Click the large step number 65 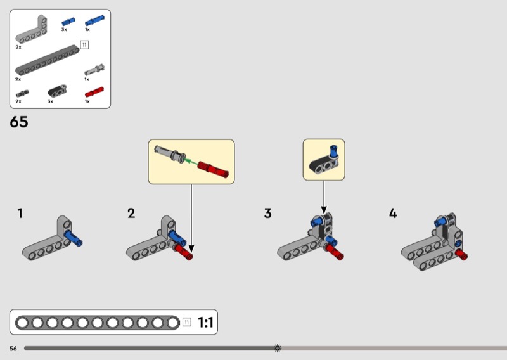(19, 122)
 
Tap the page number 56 (13, 349)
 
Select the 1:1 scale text (205, 323)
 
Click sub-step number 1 (20, 214)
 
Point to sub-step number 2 (131, 214)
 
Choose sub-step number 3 (267, 214)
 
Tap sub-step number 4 (393, 214)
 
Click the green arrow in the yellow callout (190, 162)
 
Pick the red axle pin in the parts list (94, 92)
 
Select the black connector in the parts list (57, 91)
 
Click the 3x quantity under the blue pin (64, 29)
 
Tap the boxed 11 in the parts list (84, 44)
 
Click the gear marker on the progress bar (278, 348)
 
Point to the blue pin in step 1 (74, 238)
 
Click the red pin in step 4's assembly (461, 255)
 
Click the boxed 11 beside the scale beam (186, 322)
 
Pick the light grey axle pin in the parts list (94, 70)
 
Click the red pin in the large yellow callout (213, 169)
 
